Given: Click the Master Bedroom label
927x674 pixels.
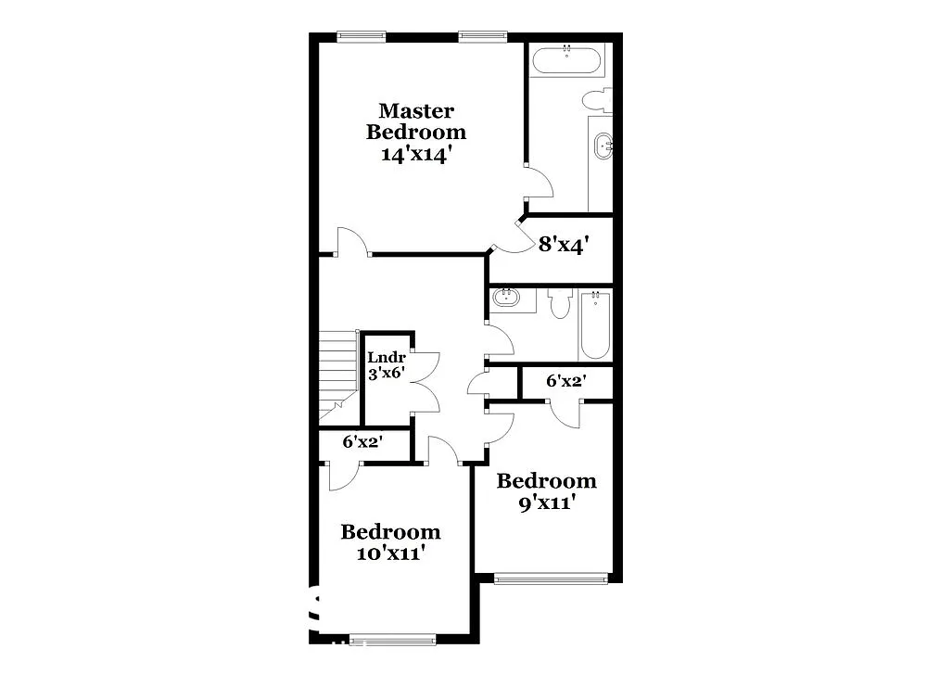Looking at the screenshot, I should pyautogui.click(x=416, y=121).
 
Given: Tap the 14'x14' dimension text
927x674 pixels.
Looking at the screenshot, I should pyautogui.click(x=416, y=155).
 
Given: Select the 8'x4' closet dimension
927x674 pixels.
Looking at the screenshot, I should pyautogui.click(x=564, y=245).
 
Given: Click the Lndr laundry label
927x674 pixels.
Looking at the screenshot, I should pyautogui.click(x=385, y=358).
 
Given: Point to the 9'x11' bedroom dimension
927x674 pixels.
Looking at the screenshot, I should pyautogui.click(x=546, y=503).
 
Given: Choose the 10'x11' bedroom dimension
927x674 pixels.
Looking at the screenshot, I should pyautogui.click(x=390, y=554).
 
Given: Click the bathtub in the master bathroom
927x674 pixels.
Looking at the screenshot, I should pyautogui.click(x=566, y=63).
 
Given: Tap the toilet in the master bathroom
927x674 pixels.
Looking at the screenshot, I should pyautogui.click(x=596, y=99).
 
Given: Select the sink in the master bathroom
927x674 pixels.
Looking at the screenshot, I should pyautogui.click(x=603, y=146).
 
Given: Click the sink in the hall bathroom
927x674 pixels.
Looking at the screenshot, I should pyautogui.click(x=506, y=299).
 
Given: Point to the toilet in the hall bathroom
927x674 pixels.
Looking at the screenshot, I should pyautogui.click(x=559, y=303).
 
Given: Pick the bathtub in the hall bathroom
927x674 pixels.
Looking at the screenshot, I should pyautogui.click(x=595, y=325).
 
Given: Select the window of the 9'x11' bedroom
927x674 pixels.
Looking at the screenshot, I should pyautogui.click(x=551, y=579).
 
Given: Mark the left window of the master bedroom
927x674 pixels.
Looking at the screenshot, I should pyautogui.click(x=361, y=37).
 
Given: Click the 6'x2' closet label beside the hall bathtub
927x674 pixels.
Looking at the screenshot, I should pyautogui.click(x=565, y=380).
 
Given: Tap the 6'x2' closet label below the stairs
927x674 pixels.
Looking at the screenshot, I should pyautogui.click(x=362, y=442).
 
